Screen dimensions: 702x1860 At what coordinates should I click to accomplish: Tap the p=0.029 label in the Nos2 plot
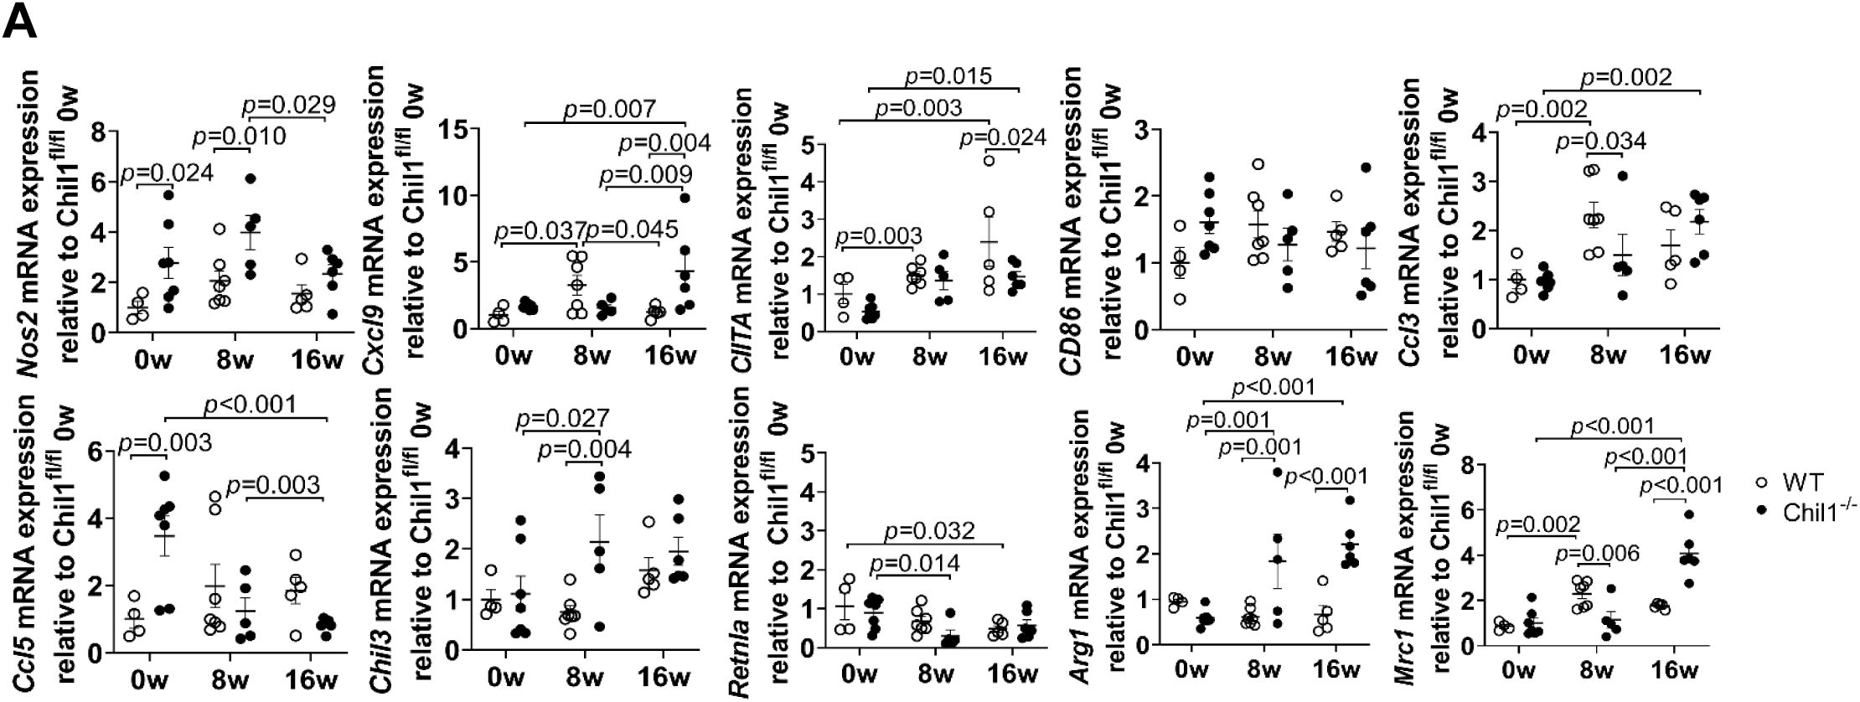pos(289,106)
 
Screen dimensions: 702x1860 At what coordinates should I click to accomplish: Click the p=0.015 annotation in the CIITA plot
pos(948,77)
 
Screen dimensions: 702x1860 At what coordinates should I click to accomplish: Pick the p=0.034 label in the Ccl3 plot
pos(1600,141)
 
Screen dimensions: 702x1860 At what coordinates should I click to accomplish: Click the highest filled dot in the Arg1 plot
pos(1276,472)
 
